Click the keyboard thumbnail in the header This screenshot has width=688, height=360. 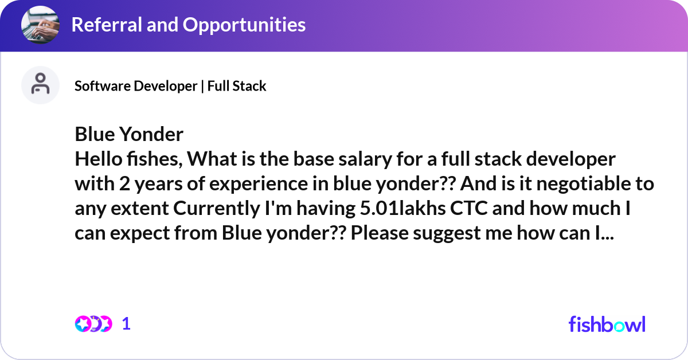40,25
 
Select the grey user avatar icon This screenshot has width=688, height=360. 40,85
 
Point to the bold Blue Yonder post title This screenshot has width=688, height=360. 129,134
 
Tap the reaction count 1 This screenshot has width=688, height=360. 127,324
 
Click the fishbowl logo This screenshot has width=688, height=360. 607,324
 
